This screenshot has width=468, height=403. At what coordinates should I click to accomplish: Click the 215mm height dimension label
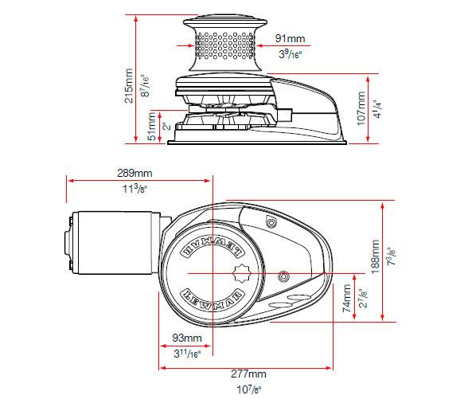(x=128, y=80)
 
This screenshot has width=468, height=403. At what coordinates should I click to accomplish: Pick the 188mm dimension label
(x=375, y=256)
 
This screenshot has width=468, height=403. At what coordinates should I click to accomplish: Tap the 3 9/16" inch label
(x=290, y=54)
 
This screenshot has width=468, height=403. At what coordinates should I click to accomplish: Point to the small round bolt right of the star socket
(x=283, y=275)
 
